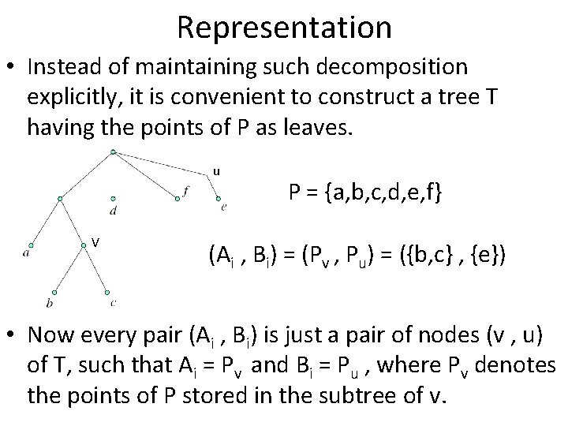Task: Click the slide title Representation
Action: [x=284, y=27]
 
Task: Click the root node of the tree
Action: [x=114, y=151]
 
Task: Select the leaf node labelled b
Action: [x=54, y=291]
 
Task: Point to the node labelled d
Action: [x=114, y=199]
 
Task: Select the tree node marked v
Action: [x=84, y=245]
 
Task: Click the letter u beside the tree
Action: [x=216, y=170]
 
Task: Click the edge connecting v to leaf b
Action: [x=69, y=269]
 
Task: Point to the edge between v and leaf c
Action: [x=98, y=269]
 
